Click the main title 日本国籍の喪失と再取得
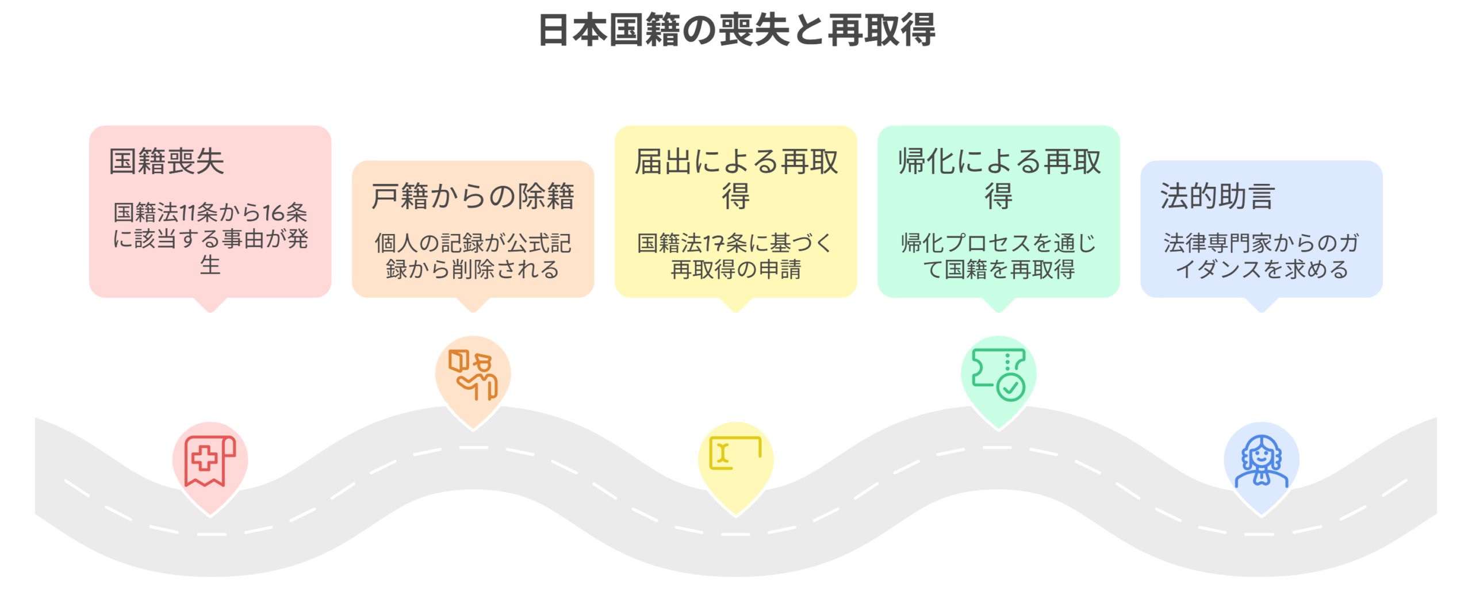(736, 30)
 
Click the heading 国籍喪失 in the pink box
(166, 161)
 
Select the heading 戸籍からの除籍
(473, 197)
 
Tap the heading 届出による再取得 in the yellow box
(736, 178)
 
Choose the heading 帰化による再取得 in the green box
(999, 178)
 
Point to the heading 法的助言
(1217, 197)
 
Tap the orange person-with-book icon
(473, 374)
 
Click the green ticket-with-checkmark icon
(998, 374)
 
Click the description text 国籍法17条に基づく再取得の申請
(735, 256)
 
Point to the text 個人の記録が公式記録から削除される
(473, 256)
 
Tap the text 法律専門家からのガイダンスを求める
(1262, 256)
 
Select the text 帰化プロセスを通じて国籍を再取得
(999, 256)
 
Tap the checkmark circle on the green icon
(1010, 387)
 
